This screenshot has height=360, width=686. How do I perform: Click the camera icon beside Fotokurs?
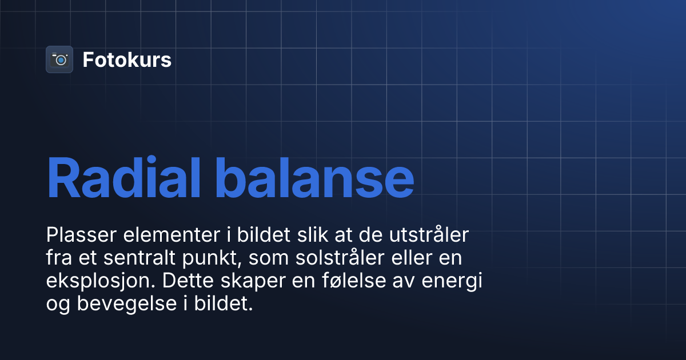59,59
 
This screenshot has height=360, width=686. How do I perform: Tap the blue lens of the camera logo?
61,60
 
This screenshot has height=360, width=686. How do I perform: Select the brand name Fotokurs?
127,60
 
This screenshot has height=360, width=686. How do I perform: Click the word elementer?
156,235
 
